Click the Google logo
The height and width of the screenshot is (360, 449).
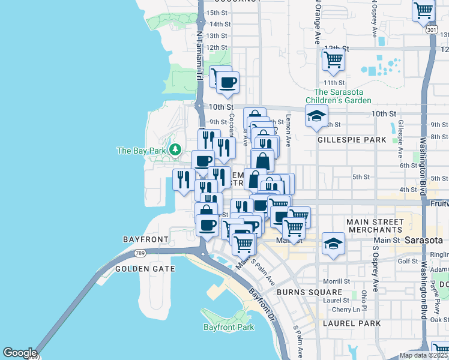click(20, 353)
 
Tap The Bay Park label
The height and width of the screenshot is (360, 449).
click(141, 151)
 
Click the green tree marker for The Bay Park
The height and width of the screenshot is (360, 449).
click(175, 149)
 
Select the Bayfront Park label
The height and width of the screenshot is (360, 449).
click(229, 327)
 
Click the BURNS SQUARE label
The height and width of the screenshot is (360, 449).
click(301, 292)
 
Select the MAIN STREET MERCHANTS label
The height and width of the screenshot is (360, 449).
click(375, 226)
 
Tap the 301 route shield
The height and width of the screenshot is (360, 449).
click(431, 29)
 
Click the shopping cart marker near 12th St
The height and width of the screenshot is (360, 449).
click(333, 59)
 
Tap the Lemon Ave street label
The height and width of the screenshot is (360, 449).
click(288, 131)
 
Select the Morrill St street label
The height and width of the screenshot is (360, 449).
click(337, 281)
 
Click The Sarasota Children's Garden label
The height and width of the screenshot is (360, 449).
click(343, 96)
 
